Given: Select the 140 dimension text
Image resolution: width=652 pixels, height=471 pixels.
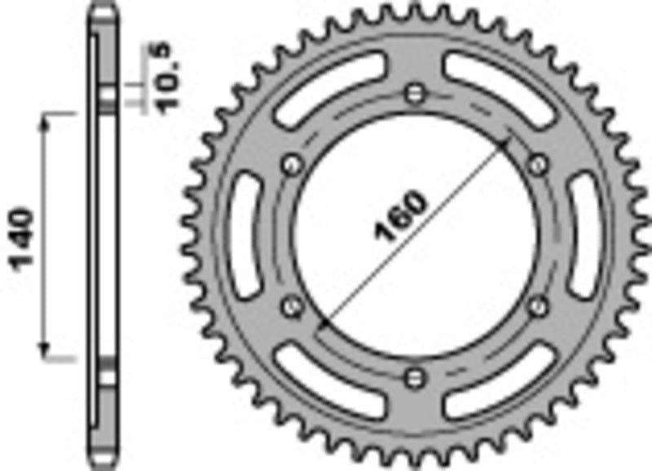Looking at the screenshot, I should (x=22, y=238).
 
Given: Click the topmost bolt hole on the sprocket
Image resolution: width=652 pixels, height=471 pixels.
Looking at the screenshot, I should (x=416, y=91).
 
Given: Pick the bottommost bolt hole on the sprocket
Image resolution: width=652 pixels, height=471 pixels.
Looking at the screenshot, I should (x=416, y=377).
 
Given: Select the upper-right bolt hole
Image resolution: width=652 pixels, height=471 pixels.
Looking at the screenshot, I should (x=537, y=164).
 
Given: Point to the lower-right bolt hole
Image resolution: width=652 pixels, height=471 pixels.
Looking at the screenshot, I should (x=537, y=305).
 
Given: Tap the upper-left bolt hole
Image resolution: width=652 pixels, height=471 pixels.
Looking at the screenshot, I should (x=290, y=164).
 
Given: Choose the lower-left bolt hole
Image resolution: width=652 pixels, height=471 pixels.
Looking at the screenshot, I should (x=290, y=305).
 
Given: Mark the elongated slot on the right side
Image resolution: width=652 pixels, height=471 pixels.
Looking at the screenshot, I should (x=586, y=237).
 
